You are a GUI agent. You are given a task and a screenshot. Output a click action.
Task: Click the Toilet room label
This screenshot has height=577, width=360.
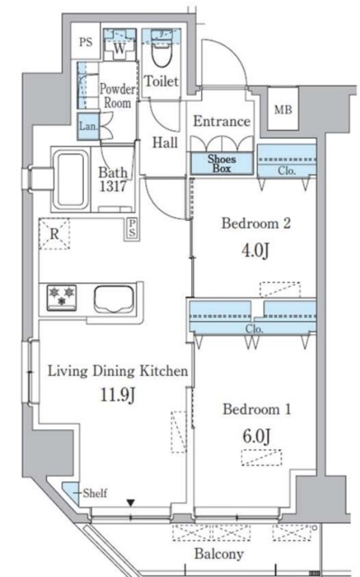pos(162,81)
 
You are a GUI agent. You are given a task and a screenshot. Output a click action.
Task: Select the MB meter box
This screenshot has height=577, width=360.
pos(282,109)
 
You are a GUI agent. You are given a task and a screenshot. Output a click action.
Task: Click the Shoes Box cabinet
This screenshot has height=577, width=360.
pos(222,163)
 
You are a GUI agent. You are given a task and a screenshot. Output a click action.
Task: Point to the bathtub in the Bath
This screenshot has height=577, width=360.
pos(71,179)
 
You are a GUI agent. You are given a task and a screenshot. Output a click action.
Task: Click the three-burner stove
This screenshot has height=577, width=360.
pos(61,297)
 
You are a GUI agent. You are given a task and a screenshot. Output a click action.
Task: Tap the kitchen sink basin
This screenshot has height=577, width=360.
pos(113,298)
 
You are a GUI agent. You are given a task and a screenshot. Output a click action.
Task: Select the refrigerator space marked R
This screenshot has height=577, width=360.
pos(54,234)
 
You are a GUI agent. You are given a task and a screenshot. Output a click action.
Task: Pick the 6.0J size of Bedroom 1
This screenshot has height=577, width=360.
pos(256,436)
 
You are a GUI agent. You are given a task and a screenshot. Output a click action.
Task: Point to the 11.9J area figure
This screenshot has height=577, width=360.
pos(118,395)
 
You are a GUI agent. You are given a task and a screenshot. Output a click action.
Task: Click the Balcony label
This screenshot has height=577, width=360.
pos(219,554)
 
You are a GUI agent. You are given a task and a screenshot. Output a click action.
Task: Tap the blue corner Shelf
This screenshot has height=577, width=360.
pos(71,493)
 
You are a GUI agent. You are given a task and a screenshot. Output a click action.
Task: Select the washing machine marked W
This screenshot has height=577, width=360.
pos(119,48)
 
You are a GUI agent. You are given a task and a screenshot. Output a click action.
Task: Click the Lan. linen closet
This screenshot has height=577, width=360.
pos(88,126)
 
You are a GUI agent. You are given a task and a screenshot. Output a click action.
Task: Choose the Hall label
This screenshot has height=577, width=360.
pos(165,142)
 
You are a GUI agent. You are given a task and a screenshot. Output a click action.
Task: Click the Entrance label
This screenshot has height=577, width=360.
pos(222,121)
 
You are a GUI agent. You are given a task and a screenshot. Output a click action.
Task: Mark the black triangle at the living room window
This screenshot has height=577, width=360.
pos(130,503)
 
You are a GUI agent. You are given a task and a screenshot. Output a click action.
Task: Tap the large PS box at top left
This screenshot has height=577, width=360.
pos(86,41)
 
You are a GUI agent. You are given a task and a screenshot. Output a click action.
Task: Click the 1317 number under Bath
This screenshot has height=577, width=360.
pos(113,187)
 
